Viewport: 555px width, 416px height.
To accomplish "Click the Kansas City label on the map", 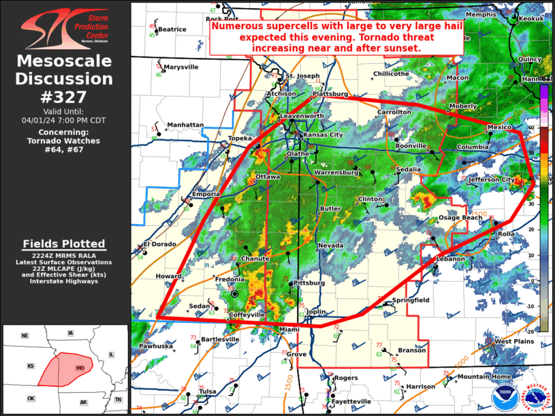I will (x=323, y=135).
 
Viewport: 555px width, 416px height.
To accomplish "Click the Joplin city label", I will (x=317, y=312).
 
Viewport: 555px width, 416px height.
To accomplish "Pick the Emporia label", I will (x=206, y=194).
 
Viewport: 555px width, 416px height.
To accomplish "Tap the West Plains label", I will (x=512, y=341).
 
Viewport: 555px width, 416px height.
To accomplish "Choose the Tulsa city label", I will (x=208, y=391).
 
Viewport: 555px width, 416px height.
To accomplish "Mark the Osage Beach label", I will (x=460, y=217).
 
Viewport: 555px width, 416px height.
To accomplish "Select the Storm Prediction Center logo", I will (x=65, y=28).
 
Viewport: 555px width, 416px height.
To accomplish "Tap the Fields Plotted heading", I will (x=64, y=244).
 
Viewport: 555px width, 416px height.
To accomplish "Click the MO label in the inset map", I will (x=80, y=368).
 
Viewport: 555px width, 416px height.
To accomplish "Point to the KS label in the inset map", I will (x=31, y=366).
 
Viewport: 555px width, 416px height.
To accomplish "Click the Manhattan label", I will (x=185, y=125).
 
